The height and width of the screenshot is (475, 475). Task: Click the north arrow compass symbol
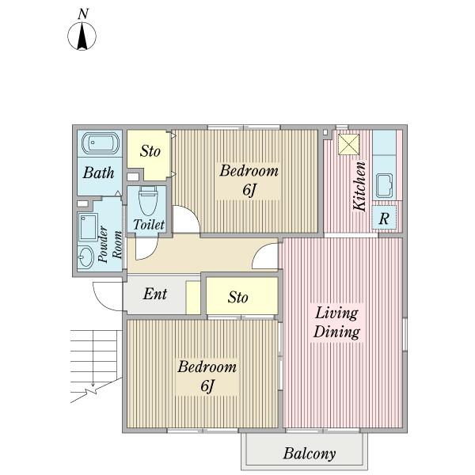point(82,33)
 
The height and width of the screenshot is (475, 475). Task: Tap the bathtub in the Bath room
point(101,143)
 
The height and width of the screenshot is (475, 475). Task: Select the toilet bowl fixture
point(148,200)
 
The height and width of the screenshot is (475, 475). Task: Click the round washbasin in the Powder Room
point(86,256)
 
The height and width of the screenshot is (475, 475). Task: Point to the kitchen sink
point(384,186)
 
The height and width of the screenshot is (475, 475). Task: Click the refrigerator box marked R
point(384,218)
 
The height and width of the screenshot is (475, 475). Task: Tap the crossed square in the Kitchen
point(348,145)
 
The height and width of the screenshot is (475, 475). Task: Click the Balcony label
point(310,454)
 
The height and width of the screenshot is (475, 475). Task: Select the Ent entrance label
point(155,294)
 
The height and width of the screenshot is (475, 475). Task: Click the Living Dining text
point(336,322)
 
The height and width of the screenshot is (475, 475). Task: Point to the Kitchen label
point(359,186)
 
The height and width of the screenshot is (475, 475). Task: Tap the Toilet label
point(149,225)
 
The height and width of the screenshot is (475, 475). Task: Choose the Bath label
point(98,173)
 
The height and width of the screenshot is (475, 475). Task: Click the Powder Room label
point(110,245)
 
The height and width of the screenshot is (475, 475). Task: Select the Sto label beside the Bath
point(150,151)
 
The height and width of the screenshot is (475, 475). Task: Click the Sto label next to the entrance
point(237,297)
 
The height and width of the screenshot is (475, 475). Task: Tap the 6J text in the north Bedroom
point(249,190)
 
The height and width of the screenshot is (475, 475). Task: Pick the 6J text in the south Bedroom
point(207,386)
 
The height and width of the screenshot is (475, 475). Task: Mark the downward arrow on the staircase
point(93,359)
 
